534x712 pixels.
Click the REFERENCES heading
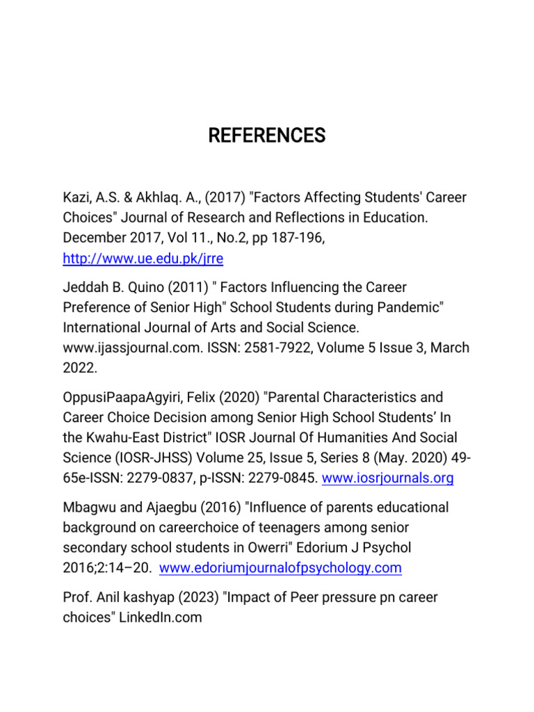(x=266, y=136)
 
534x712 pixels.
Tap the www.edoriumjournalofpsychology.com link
(x=280, y=568)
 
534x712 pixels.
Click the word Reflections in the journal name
(x=303, y=218)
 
